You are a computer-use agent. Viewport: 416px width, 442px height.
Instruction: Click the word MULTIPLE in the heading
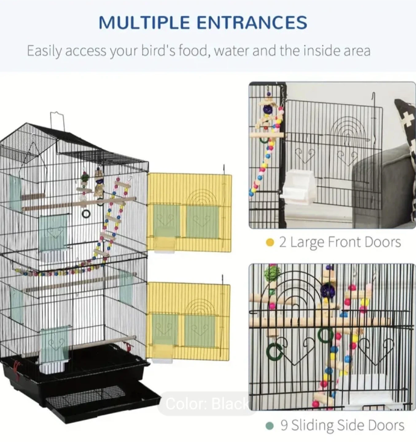click(x=144, y=22)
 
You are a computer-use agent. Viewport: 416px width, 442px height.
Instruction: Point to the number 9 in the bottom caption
click(x=284, y=425)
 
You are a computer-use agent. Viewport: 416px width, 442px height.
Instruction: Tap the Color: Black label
click(x=207, y=403)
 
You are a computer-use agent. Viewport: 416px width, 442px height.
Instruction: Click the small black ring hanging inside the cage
click(x=86, y=214)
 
